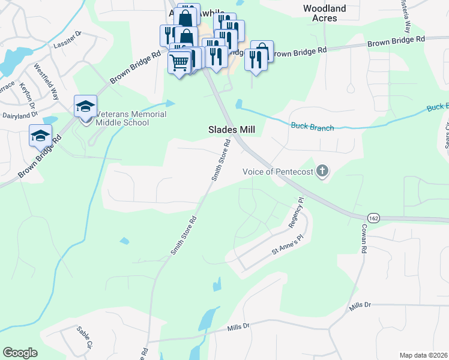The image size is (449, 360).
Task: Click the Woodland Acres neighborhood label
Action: pyautogui.click(x=325, y=13)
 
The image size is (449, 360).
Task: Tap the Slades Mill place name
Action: pyautogui.click(x=232, y=130)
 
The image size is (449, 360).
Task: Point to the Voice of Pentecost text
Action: pyautogui.click(x=278, y=172)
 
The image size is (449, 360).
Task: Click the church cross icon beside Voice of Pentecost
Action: pyautogui.click(x=323, y=172)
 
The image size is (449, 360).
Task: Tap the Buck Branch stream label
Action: pyautogui.click(x=312, y=127)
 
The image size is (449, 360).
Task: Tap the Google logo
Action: pyautogui.click(x=20, y=352)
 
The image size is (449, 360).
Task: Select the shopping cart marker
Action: pyautogui.click(x=179, y=61)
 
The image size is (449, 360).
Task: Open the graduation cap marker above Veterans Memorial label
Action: pyautogui.click(x=85, y=106)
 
